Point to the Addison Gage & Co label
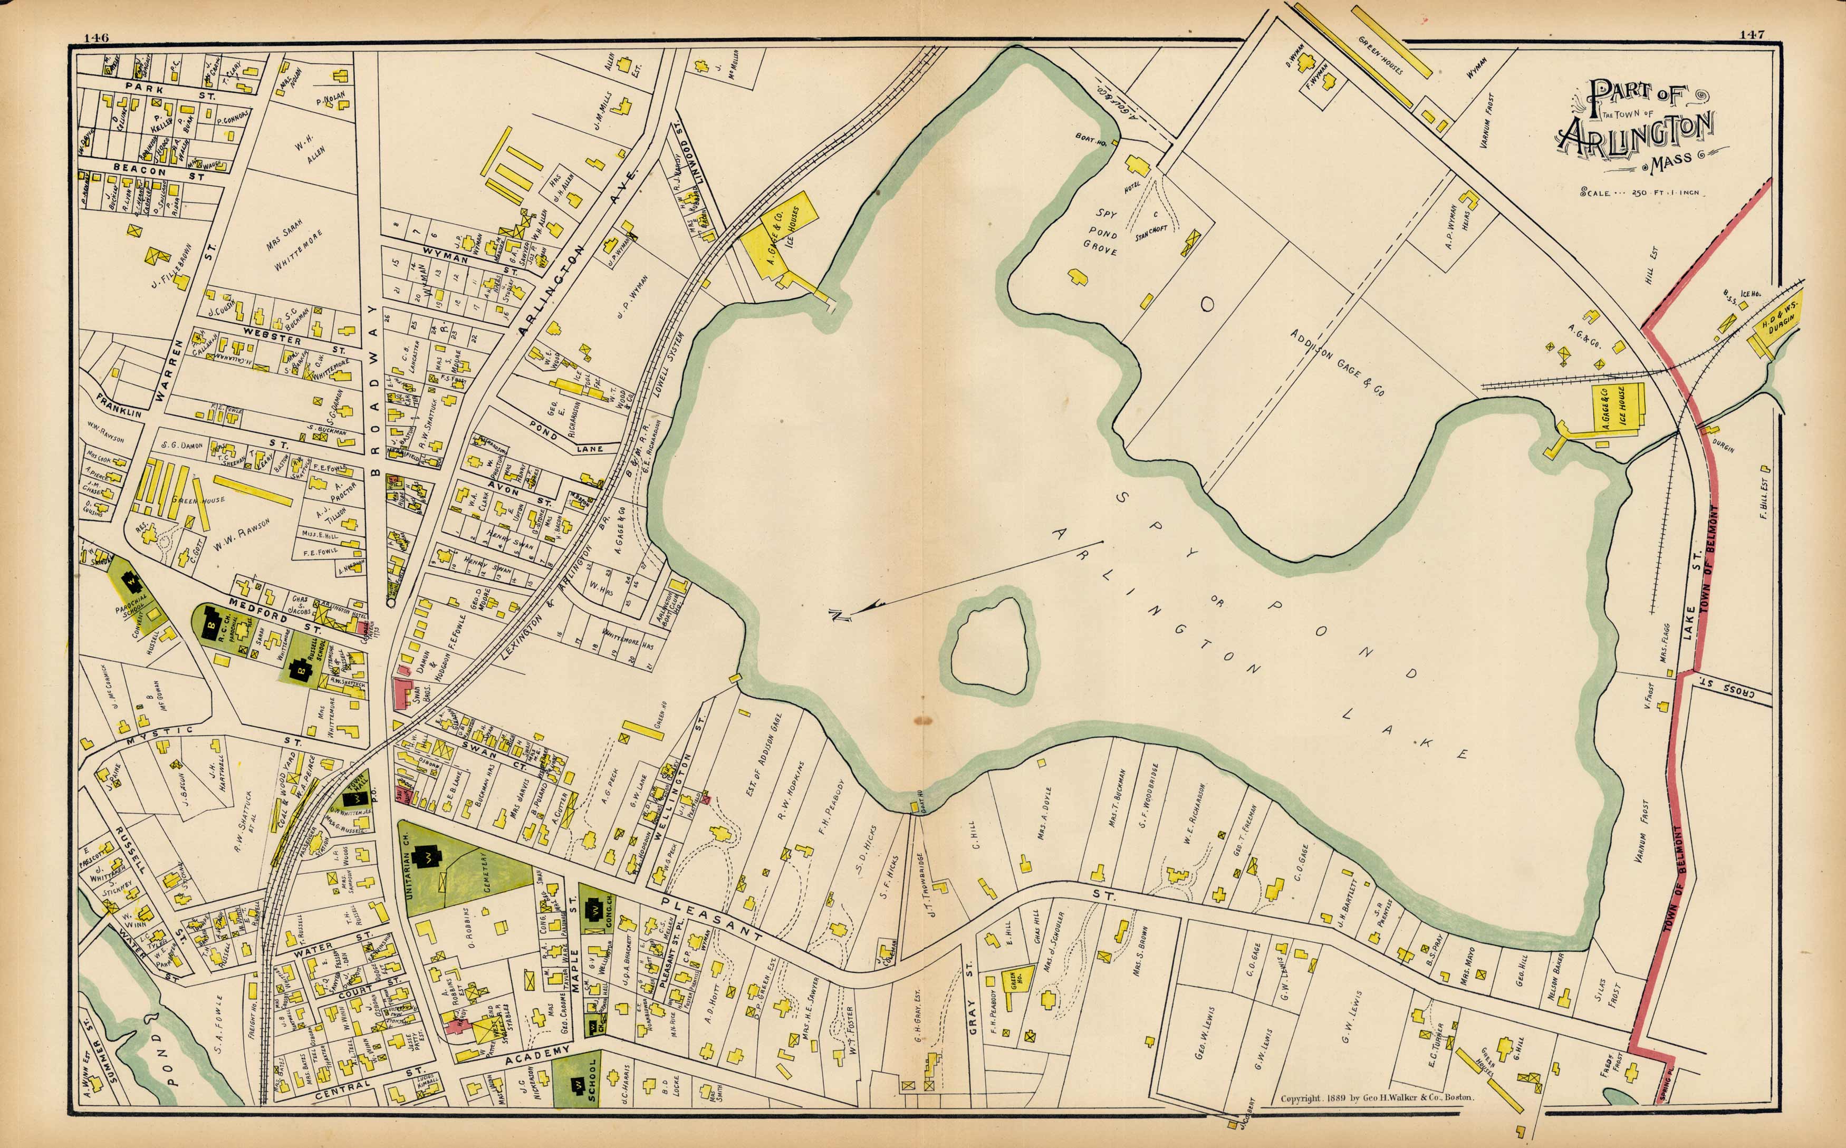tap(1337, 362)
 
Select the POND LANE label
tap(566, 437)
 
